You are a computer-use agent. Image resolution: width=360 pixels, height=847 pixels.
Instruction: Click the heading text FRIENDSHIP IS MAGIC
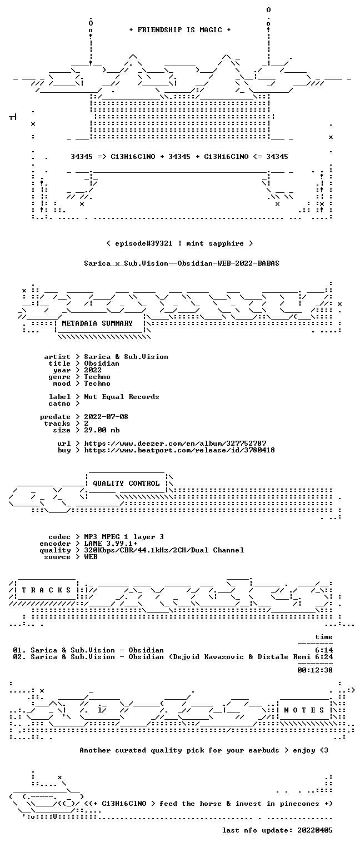[x=179, y=30]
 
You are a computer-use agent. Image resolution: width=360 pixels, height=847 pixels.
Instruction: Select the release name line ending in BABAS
[x=182, y=263]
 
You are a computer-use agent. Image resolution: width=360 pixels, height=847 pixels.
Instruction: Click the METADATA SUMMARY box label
[x=97, y=323]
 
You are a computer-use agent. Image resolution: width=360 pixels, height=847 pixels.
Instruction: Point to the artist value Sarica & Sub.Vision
[x=126, y=357]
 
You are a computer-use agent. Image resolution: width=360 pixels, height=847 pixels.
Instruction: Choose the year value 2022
[x=93, y=370]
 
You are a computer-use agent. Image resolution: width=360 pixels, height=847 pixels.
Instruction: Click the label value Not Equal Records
[x=121, y=397]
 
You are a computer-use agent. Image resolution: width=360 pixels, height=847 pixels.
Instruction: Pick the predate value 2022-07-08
[x=106, y=417]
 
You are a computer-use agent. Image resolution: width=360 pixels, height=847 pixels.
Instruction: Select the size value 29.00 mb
[x=102, y=430]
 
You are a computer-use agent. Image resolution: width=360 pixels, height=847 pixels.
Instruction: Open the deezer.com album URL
[x=175, y=443]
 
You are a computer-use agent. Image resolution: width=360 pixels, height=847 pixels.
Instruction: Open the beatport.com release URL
[x=179, y=450]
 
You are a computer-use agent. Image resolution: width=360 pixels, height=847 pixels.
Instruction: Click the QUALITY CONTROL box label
[x=126, y=483]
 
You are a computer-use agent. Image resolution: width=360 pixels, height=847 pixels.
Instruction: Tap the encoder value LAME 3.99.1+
[x=111, y=544]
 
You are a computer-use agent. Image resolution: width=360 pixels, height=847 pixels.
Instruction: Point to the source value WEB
[x=91, y=556]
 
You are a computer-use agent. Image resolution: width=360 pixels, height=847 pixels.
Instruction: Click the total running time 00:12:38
[x=315, y=670]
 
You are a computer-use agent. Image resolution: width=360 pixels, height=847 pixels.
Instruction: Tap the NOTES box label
[x=304, y=710]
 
